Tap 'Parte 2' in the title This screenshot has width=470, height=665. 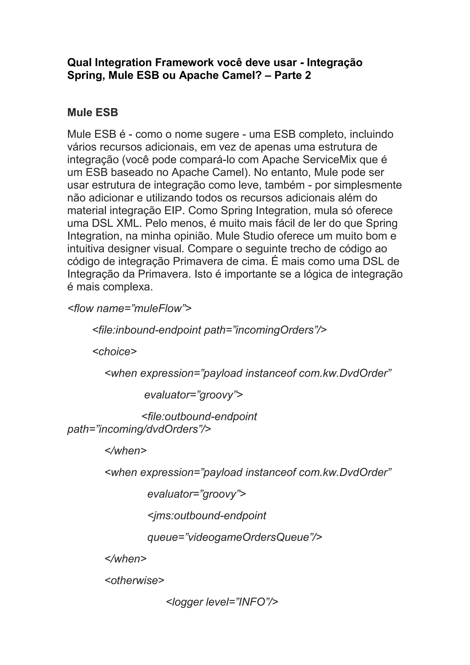pyautogui.click(x=293, y=75)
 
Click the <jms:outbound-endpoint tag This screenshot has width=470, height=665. pyautogui.click(x=207, y=515)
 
